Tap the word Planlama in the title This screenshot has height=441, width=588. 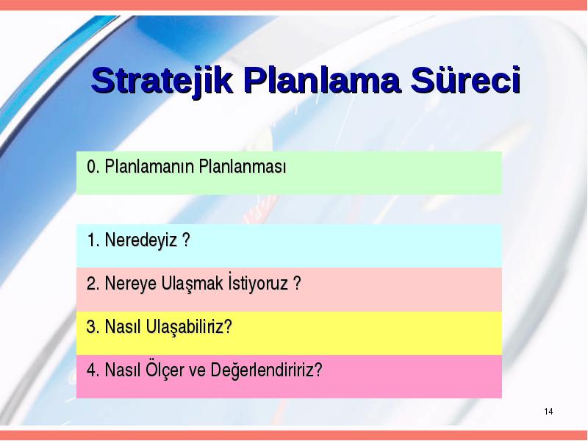(x=323, y=80)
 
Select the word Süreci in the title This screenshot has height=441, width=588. (x=466, y=79)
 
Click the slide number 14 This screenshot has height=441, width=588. (x=548, y=412)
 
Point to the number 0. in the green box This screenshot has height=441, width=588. (x=93, y=166)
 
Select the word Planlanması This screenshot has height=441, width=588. (x=243, y=166)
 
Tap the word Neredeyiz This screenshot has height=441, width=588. (x=140, y=240)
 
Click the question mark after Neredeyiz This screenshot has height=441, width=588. (x=186, y=240)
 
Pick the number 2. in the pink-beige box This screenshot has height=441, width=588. (x=93, y=284)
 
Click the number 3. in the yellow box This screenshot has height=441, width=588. (x=93, y=326)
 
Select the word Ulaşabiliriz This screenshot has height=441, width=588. (x=189, y=327)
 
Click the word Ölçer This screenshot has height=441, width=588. (x=164, y=369)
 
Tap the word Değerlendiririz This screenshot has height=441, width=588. (x=266, y=370)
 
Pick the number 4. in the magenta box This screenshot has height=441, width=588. (x=93, y=370)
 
